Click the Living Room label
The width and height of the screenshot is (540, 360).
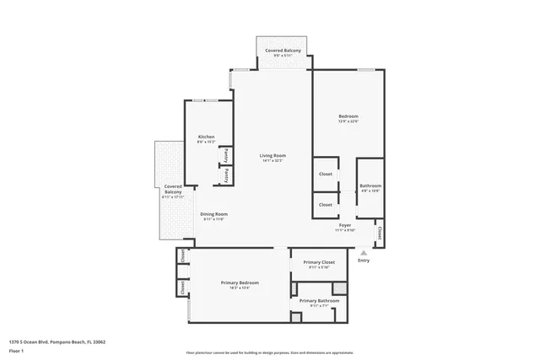click(273, 156)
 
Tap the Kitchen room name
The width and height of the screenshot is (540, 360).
click(206, 137)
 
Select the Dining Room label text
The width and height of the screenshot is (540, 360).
click(213, 214)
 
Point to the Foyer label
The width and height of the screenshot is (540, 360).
click(345, 225)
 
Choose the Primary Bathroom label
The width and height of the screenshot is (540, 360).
click(319, 301)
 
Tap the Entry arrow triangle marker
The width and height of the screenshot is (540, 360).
click(364, 251)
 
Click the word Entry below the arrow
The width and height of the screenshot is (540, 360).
click(364, 261)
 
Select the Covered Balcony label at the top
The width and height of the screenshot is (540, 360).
click(283, 51)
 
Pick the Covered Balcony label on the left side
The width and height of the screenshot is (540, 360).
click(173, 189)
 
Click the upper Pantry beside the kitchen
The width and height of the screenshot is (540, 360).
click(226, 155)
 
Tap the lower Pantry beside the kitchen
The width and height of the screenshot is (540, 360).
click(226, 175)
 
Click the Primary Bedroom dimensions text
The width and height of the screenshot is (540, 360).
click(240, 288)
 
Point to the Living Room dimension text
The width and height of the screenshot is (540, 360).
click(273, 162)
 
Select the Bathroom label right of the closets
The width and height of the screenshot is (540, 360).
click(370, 185)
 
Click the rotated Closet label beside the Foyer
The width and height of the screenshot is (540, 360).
click(380, 233)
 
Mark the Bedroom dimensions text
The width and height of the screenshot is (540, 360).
click(348, 121)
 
